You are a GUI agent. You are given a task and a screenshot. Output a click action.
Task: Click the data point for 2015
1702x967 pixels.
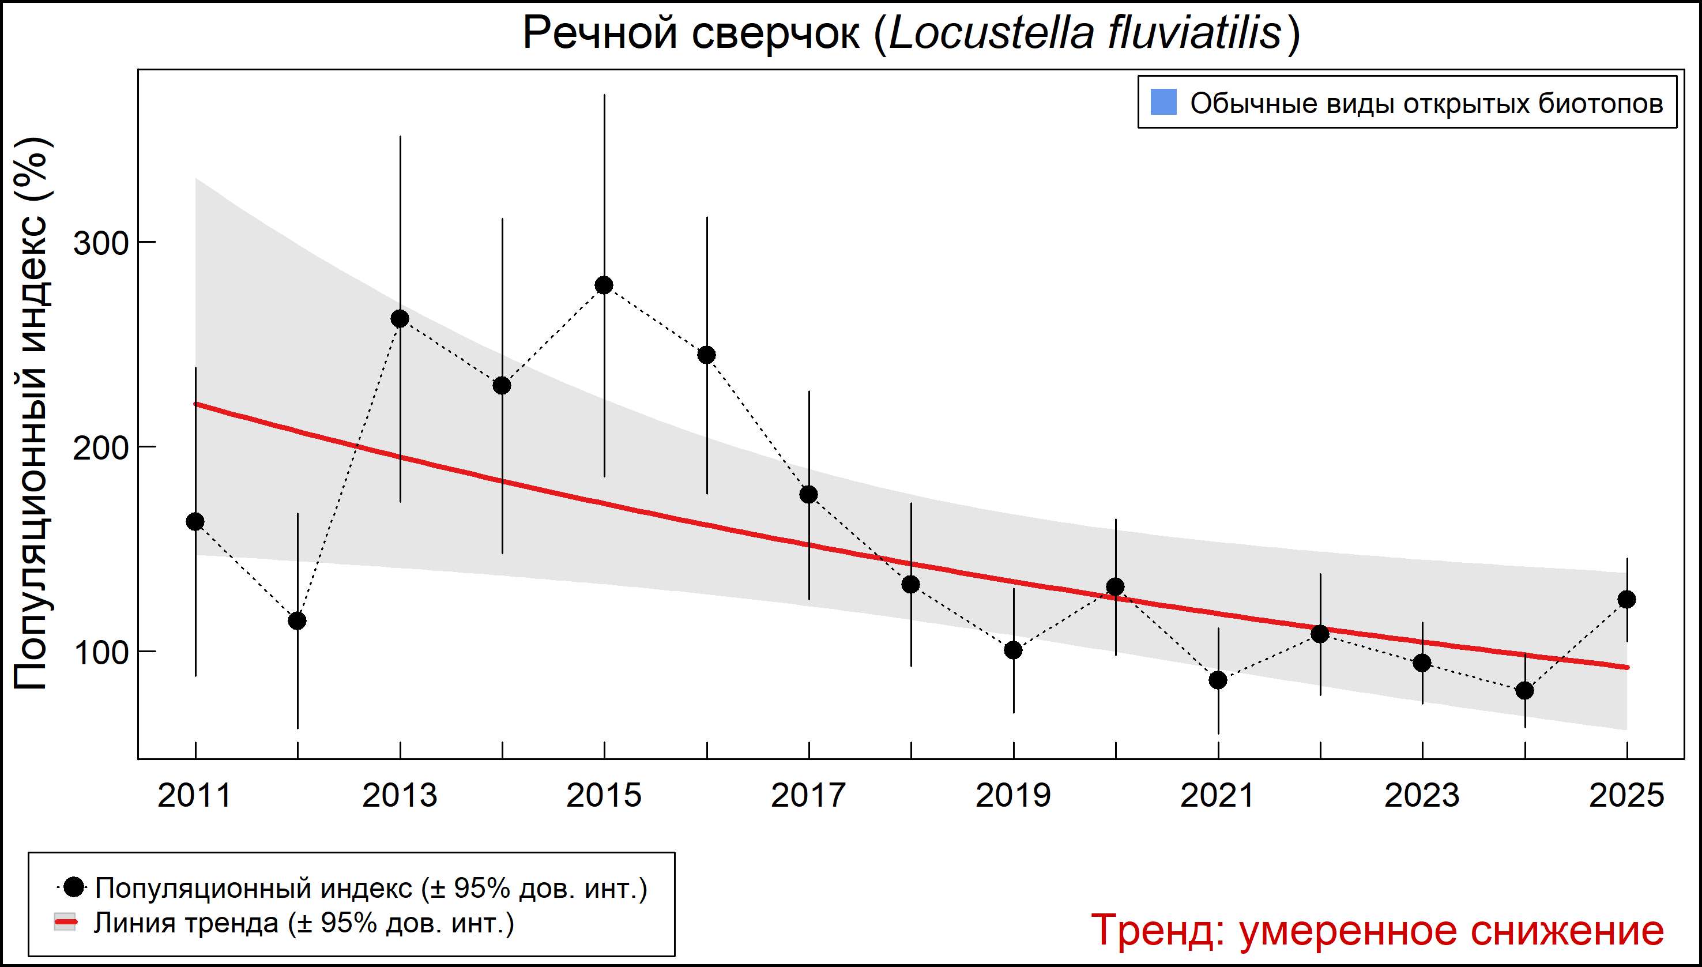pyautogui.click(x=604, y=285)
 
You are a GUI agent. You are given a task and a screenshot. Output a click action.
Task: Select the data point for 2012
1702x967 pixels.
pyautogui.click(x=298, y=621)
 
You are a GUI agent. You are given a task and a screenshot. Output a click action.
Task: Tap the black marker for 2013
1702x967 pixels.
pyautogui.click(x=400, y=319)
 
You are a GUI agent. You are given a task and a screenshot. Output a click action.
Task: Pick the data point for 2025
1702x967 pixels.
pyautogui.click(x=1626, y=600)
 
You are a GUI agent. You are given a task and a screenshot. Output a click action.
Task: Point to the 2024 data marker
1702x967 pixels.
pyautogui.click(x=1524, y=691)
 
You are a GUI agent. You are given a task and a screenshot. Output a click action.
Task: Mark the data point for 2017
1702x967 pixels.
pyautogui.click(x=809, y=495)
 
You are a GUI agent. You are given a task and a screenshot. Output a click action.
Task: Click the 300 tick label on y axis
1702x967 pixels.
pyautogui.click(x=100, y=244)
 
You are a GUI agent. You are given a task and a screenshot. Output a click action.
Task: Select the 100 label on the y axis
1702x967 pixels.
pyautogui.click(x=100, y=653)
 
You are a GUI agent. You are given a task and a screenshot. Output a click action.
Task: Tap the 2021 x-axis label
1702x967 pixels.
pyautogui.click(x=1217, y=796)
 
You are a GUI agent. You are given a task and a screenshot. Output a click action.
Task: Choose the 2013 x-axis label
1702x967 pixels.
pyautogui.click(x=400, y=796)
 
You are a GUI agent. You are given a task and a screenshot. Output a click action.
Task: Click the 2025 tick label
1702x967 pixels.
pyautogui.click(x=1626, y=796)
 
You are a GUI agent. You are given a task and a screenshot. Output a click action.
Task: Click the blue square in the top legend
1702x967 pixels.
pyautogui.click(x=1163, y=102)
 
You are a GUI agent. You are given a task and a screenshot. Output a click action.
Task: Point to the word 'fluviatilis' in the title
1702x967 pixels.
pyautogui.click(x=1194, y=33)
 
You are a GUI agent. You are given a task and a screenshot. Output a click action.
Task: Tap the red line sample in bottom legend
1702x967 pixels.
pyautogui.click(x=65, y=923)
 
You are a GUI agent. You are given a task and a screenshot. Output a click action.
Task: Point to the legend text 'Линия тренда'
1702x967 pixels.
pyautogui.click(x=186, y=923)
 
